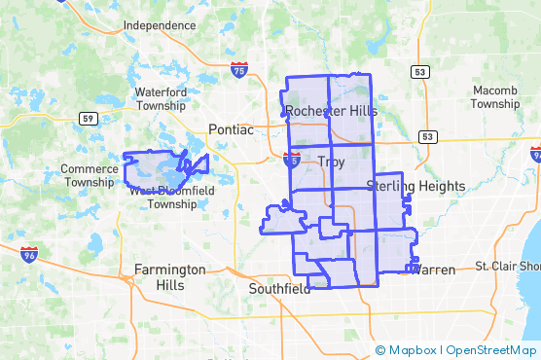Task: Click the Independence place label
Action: (160, 25)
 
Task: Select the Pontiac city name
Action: (231, 129)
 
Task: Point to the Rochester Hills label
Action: (331, 111)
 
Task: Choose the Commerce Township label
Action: (90, 175)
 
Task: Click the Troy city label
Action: (331, 162)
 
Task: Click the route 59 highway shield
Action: (87, 119)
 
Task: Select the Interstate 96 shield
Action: (29, 254)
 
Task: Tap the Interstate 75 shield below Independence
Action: (239, 69)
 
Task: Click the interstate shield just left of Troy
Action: (292, 160)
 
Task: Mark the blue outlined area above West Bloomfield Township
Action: (156, 167)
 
